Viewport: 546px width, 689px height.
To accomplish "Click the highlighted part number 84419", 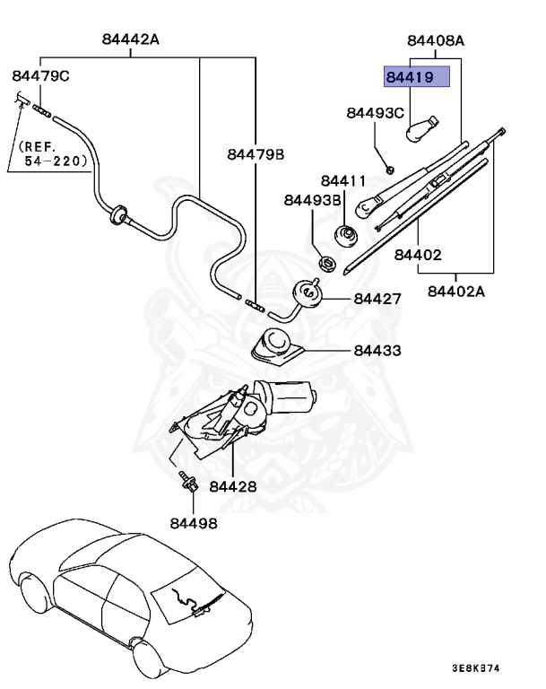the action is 410,77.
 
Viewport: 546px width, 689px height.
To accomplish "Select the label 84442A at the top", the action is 131,39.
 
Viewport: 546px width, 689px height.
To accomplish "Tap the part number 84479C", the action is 40,76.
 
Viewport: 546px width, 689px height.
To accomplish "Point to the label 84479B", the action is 256,154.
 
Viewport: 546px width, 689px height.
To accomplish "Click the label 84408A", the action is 436,40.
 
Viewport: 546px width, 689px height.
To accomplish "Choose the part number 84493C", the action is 375,113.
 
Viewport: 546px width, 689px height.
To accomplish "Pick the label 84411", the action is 343,180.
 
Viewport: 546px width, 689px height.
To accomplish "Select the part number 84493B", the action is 312,200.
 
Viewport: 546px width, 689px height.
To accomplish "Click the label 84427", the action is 377,299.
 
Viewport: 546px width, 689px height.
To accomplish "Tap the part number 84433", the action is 377,350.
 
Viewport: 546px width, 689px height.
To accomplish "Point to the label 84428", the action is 233,486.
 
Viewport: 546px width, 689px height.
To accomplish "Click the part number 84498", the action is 194,523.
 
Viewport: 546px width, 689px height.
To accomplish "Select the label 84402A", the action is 456,292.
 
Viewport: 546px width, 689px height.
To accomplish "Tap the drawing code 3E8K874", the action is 476,668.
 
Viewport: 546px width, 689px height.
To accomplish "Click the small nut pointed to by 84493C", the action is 390,169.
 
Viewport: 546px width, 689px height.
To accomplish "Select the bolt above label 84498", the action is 188,481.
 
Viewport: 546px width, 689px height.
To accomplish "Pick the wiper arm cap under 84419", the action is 420,129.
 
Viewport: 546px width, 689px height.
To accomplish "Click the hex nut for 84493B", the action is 327,264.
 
